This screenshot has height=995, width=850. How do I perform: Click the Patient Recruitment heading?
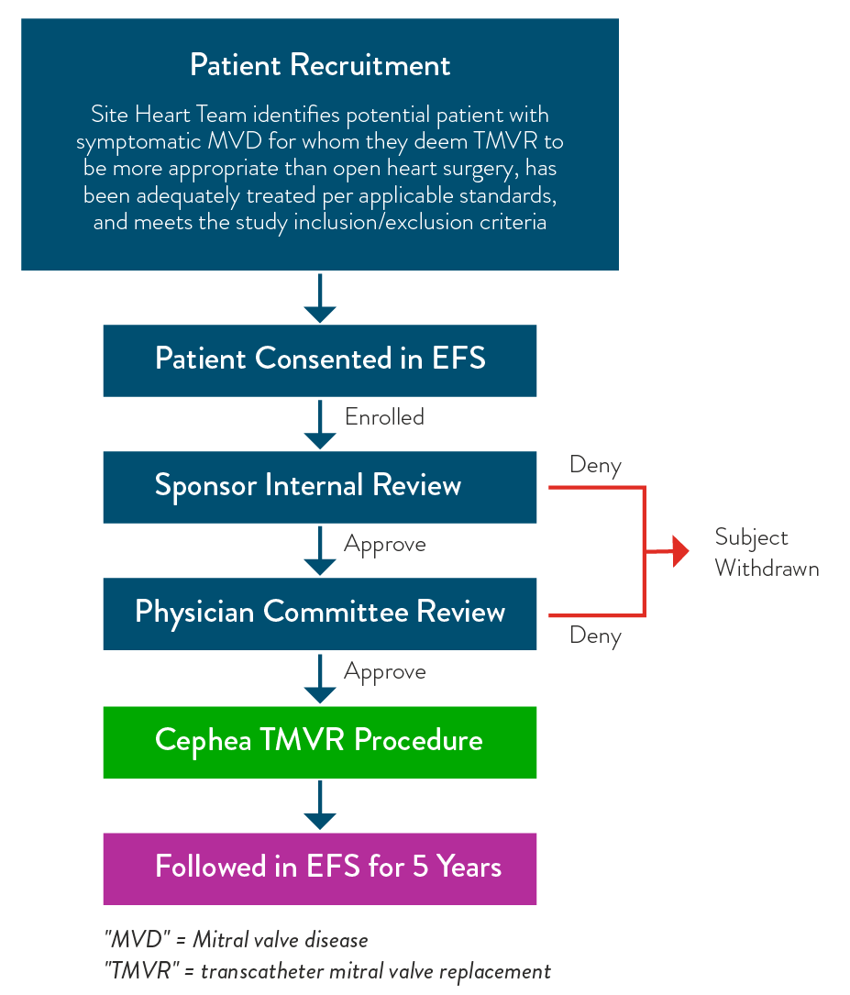[320, 65]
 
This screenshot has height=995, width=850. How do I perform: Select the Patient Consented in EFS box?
[320, 359]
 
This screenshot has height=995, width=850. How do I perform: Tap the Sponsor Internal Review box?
[320, 485]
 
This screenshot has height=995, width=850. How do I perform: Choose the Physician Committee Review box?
[320, 613]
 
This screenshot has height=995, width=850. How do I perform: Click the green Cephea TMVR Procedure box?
[320, 741]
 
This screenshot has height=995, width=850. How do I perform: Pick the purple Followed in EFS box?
[320, 868]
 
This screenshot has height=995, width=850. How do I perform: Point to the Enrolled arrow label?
[384, 417]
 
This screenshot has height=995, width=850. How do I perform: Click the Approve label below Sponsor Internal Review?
[384, 545]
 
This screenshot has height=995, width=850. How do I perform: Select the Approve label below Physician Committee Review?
[384, 672]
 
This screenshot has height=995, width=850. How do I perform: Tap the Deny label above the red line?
[595, 465]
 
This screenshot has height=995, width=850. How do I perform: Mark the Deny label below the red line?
[595, 636]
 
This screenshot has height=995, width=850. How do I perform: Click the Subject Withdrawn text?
[766, 552]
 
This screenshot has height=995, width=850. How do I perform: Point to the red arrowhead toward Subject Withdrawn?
[680, 551]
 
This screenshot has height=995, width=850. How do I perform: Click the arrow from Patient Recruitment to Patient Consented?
[320, 298]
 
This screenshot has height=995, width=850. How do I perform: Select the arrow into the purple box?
[320, 806]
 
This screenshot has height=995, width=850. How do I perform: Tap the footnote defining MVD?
[236, 940]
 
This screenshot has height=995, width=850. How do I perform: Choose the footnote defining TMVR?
[327, 971]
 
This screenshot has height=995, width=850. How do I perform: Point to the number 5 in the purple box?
[420, 868]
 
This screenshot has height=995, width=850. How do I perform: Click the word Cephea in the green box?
[203, 741]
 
